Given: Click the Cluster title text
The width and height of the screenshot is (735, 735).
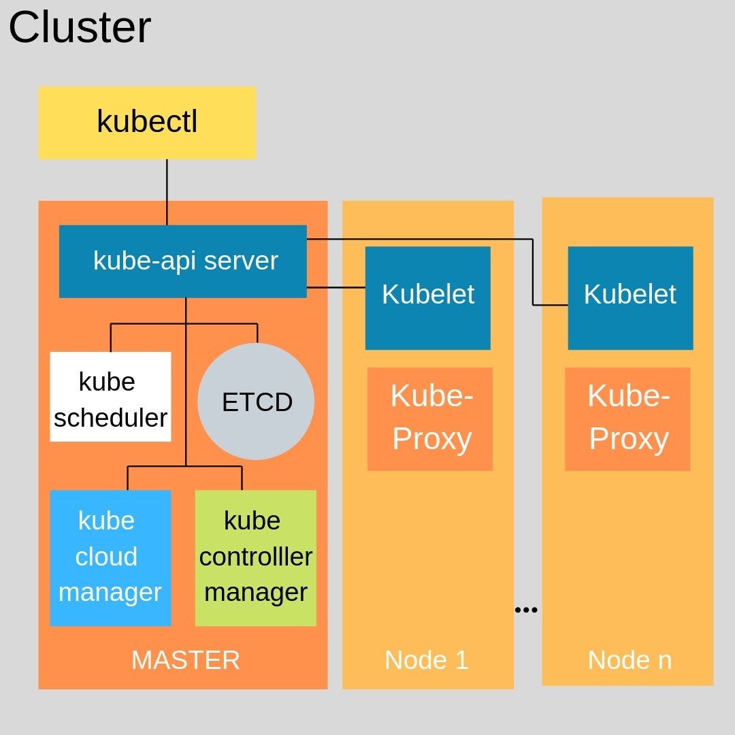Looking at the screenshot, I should (x=80, y=29).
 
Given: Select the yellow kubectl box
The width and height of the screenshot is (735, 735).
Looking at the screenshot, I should (x=147, y=122).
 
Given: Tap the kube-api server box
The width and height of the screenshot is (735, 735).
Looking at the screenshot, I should (x=182, y=261).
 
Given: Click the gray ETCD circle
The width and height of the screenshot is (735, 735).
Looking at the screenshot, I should (x=257, y=402).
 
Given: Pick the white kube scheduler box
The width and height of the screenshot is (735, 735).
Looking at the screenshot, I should (x=110, y=397).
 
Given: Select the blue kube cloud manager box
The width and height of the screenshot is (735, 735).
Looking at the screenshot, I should (x=110, y=557).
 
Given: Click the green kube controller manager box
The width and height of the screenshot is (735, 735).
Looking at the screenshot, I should (x=255, y=557).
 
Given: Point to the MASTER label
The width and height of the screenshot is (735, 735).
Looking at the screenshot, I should (x=185, y=660).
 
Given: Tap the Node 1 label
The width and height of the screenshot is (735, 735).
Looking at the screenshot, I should (x=427, y=660).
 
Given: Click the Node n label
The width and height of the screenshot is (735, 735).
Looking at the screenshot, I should (x=630, y=660).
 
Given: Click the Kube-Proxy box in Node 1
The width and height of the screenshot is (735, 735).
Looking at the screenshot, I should (x=430, y=419).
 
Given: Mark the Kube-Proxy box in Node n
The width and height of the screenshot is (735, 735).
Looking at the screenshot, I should (x=627, y=419).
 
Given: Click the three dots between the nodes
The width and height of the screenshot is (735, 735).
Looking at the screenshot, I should (x=526, y=610).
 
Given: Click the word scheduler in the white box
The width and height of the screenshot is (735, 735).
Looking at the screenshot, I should (x=110, y=418).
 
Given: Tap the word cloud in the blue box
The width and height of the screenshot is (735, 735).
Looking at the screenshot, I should (x=106, y=557).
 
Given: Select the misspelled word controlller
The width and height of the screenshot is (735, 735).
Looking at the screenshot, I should (x=255, y=557).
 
